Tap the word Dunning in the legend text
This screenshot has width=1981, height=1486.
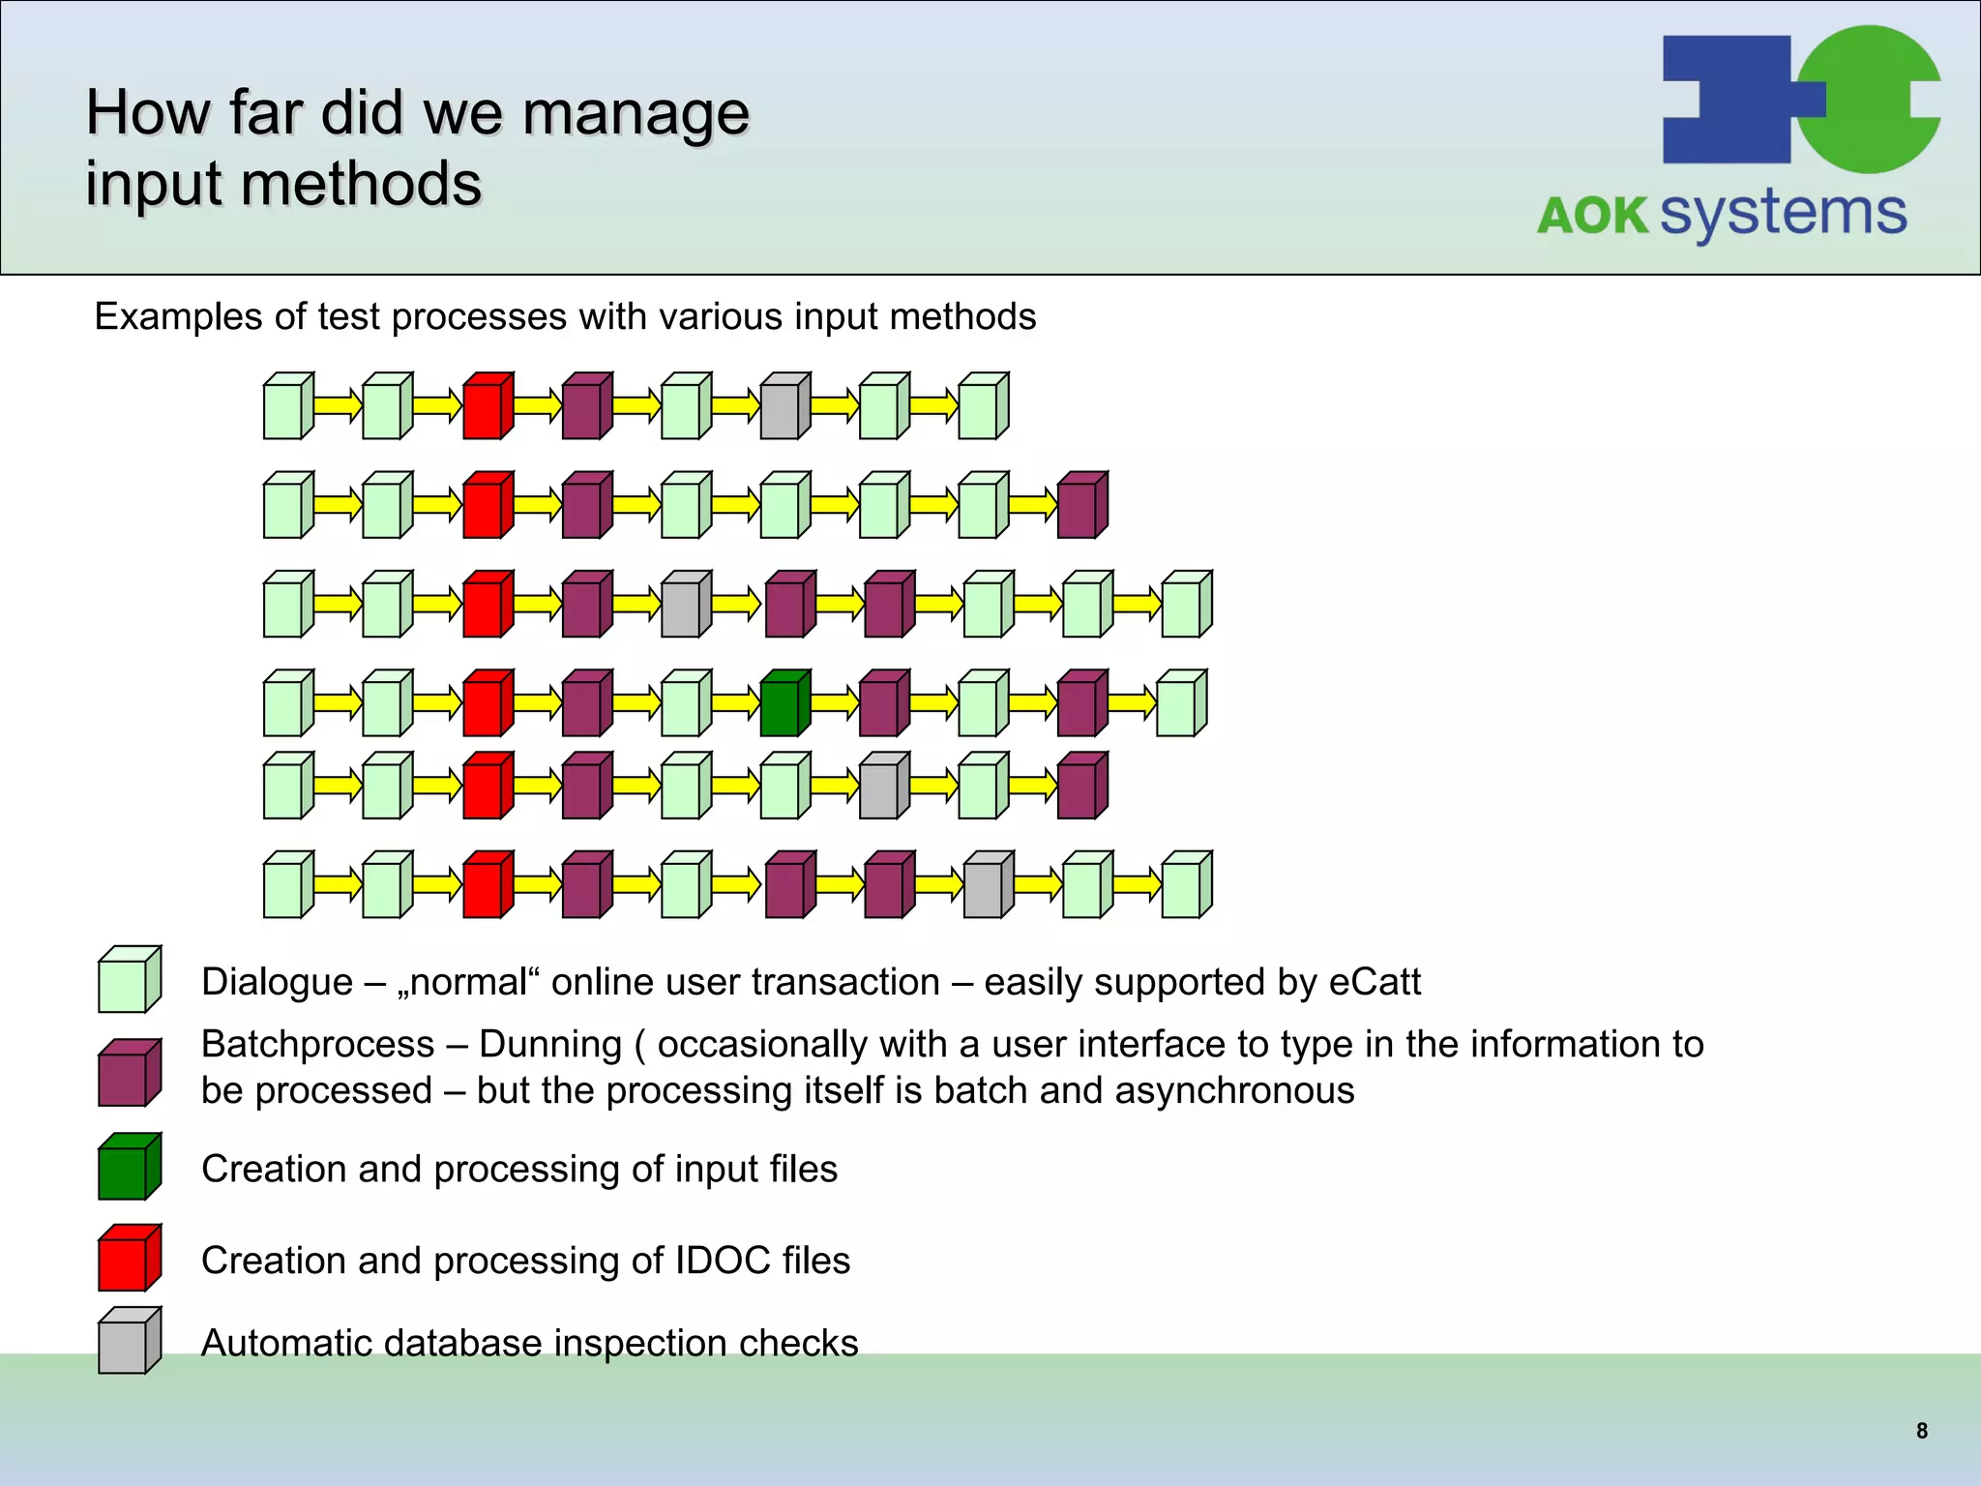549,1045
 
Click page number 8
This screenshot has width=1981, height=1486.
1921,1431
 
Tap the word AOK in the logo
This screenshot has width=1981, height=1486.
1592,216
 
